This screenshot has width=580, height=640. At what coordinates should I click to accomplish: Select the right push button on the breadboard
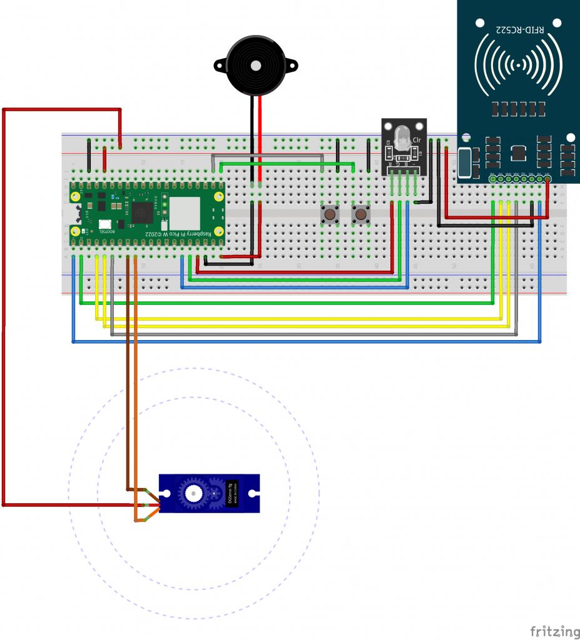click(360, 215)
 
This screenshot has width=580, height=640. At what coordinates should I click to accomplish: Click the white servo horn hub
click(193, 493)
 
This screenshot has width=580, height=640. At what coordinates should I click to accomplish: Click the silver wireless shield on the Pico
click(184, 213)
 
